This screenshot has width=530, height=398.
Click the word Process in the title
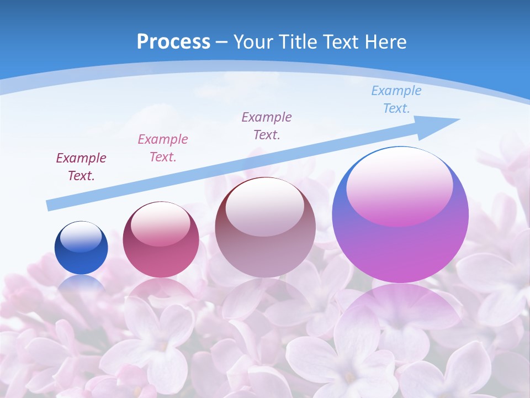(173, 42)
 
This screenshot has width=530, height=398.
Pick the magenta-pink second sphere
(161, 260)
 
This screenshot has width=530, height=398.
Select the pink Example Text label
(163, 148)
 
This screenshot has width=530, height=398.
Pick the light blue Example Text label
(396, 99)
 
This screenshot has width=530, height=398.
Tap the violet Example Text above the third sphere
(267, 126)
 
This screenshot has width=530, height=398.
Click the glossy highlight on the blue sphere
(81, 237)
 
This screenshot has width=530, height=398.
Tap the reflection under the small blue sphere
(81, 283)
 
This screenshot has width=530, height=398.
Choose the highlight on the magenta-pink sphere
(161, 224)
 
